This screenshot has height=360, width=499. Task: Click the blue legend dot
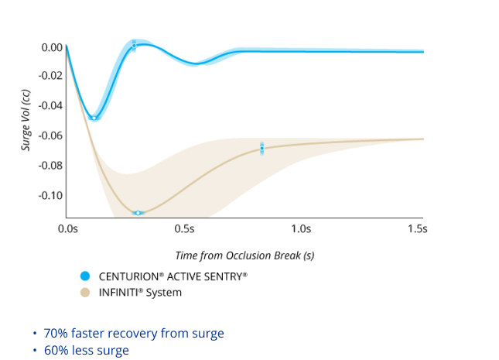[x=85, y=276]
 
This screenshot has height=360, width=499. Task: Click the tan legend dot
[x=85, y=292]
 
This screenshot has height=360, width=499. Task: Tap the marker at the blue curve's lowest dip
[x=94, y=118]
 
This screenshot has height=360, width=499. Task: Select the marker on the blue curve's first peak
[x=134, y=46]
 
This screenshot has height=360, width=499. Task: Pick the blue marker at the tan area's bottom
[x=138, y=213]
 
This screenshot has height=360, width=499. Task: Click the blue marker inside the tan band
[x=262, y=148]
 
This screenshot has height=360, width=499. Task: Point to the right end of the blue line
[x=422, y=51]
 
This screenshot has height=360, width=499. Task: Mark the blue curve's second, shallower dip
[x=195, y=64]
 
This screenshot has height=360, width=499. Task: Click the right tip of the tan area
[x=422, y=139]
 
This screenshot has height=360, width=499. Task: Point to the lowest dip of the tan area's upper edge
[x=128, y=172]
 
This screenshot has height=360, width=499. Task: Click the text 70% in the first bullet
[x=56, y=334]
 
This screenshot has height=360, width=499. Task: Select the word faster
[x=90, y=334]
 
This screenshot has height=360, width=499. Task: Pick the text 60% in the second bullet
[x=56, y=351]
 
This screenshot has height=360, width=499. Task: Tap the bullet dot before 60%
[x=35, y=351]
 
